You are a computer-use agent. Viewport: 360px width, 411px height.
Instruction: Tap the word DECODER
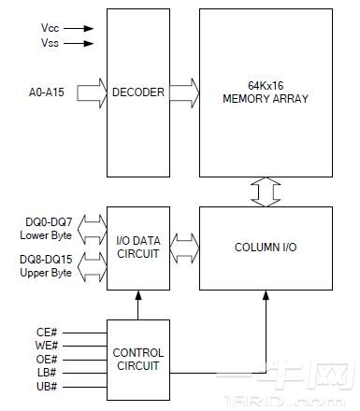tap(138, 92)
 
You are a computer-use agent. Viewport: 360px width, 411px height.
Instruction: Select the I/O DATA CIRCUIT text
tap(138, 247)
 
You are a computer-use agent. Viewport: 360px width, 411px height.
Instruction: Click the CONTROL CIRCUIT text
tap(138, 359)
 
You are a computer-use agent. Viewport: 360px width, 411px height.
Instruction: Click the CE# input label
tap(46, 330)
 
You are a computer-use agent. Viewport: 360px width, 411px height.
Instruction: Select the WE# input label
tap(46, 344)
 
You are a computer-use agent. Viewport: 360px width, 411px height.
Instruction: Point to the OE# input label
tap(46, 358)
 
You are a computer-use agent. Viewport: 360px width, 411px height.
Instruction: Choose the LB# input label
tap(46, 372)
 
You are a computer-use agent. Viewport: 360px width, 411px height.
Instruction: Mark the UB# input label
tap(46, 386)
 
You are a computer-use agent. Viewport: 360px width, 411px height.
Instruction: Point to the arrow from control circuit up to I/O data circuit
tap(138, 304)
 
